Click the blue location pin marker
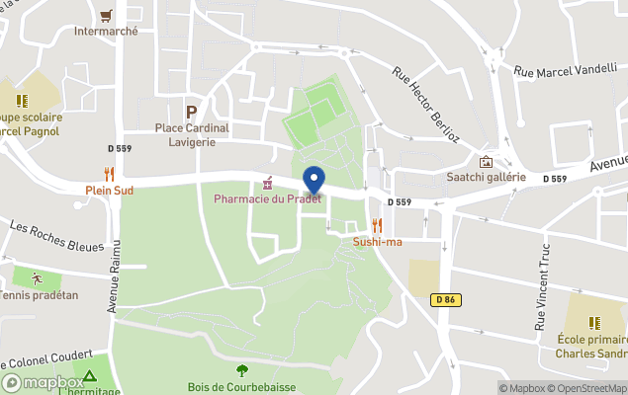[x=314, y=181]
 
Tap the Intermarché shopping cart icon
[x=106, y=15]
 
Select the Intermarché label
[x=106, y=31]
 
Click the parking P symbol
[x=191, y=112]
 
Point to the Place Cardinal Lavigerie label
[x=192, y=134]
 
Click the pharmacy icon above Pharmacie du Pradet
[x=267, y=184]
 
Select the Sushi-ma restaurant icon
[x=376, y=225]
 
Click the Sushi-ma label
[x=377, y=242]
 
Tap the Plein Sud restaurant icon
[x=109, y=174]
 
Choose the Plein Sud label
[x=109, y=190]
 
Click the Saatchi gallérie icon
[x=486, y=162]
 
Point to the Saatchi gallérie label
[x=486, y=178]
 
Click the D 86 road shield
[x=443, y=299]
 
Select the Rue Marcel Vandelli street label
[x=565, y=69]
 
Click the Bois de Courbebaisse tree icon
[x=242, y=370]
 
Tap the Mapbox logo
[x=44, y=382]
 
